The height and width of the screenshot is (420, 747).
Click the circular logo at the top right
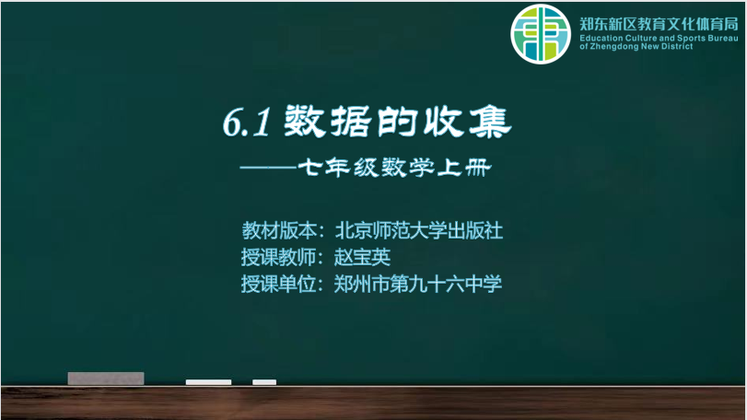point(541,34)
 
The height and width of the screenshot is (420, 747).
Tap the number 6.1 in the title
point(247,122)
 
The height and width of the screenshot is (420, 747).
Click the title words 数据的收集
point(398,122)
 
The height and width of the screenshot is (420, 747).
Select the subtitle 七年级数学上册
point(394,168)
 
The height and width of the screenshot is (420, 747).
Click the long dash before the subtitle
point(269,168)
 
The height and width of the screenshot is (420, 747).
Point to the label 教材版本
point(279,231)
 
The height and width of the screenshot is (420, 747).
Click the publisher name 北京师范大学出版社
point(419,231)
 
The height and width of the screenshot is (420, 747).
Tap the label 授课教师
point(279,258)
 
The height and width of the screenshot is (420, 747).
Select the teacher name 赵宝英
point(362,258)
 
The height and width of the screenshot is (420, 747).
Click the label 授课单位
point(279,285)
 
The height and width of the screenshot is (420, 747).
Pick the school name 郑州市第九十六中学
point(418,285)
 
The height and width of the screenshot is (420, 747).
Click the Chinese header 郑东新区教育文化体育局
point(659,24)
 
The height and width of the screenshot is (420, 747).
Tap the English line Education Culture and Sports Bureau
point(659,38)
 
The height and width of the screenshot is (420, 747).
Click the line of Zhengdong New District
point(636,46)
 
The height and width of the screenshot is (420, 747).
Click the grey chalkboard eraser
point(106,379)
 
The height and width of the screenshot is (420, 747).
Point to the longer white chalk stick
point(208,382)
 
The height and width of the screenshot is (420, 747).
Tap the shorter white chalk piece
point(264,382)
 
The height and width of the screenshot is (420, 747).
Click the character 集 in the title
point(490,122)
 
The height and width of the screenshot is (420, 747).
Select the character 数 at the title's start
point(305,122)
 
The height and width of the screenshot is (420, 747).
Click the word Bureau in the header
point(724,38)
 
